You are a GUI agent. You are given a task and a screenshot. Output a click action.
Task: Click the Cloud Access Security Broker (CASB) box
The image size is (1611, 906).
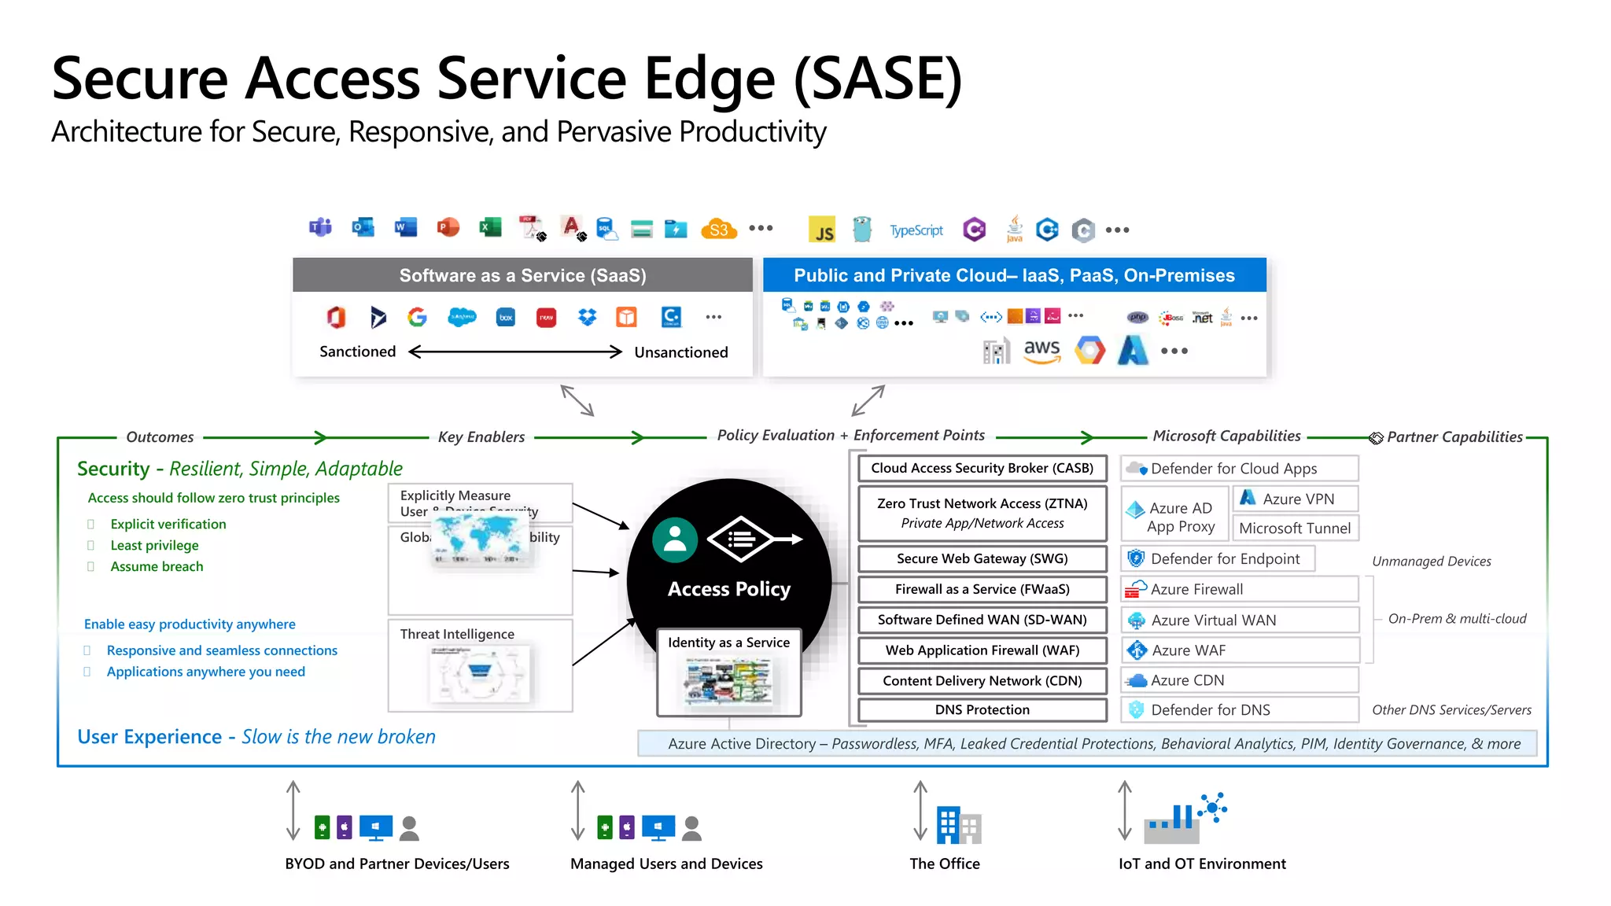982,468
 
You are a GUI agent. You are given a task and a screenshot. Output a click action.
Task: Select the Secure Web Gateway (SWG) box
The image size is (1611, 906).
982,558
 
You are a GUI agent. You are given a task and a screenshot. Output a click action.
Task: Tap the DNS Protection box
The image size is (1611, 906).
982,709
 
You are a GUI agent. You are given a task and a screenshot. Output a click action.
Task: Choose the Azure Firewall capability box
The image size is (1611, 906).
1239,589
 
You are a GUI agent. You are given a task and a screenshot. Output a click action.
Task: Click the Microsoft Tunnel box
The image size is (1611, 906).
1295,528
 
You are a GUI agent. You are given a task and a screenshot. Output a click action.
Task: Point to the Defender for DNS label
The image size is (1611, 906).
1210,710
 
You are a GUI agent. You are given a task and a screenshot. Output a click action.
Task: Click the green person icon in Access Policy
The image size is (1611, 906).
675,540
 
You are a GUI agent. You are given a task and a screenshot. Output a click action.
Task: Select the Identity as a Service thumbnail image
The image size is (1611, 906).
728,681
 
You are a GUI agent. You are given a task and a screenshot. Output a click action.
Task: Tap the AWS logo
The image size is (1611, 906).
1041,351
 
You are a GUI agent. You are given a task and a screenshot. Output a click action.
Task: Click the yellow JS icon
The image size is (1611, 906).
822,230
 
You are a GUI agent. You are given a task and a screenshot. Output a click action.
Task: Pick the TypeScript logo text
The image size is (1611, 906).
916,230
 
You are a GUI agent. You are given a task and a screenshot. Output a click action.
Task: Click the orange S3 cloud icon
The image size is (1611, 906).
719,229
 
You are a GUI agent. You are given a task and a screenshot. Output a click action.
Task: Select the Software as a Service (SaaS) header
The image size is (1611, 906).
522,275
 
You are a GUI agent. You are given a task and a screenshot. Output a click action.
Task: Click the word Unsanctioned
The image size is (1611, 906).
681,352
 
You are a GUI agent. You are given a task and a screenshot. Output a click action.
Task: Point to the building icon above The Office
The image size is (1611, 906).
959,825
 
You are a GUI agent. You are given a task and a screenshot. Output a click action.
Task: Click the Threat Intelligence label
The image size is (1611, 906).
457,634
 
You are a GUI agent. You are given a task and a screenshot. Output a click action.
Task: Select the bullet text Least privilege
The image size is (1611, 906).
154,545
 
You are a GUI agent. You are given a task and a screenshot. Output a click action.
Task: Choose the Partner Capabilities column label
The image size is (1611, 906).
1454,437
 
